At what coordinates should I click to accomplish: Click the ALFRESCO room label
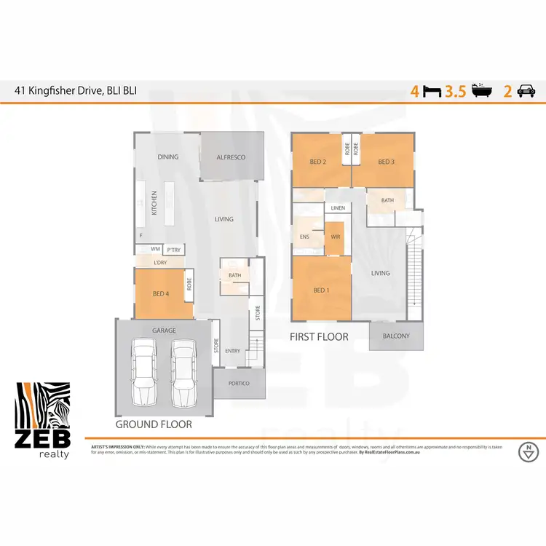click(x=231, y=157)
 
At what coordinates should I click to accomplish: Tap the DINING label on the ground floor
click(x=168, y=157)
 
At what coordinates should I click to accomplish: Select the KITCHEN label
click(x=154, y=204)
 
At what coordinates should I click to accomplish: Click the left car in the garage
click(x=144, y=373)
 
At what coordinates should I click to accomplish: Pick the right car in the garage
click(x=183, y=373)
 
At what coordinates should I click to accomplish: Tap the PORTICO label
click(x=239, y=383)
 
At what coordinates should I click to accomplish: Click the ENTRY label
click(x=232, y=352)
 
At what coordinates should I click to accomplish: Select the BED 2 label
click(x=318, y=162)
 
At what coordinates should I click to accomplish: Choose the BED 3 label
click(x=386, y=162)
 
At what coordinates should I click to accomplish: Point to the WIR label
click(x=335, y=237)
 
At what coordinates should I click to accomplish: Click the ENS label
click(x=304, y=237)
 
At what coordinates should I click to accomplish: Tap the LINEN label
click(x=337, y=208)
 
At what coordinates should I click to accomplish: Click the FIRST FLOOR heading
click(x=319, y=337)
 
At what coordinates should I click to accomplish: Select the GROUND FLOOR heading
click(x=154, y=424)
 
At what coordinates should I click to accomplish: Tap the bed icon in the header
click(x=432, y=92)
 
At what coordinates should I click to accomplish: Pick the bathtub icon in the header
click(x=481, y=92)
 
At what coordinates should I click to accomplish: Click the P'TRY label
click(x=173, y=250)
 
